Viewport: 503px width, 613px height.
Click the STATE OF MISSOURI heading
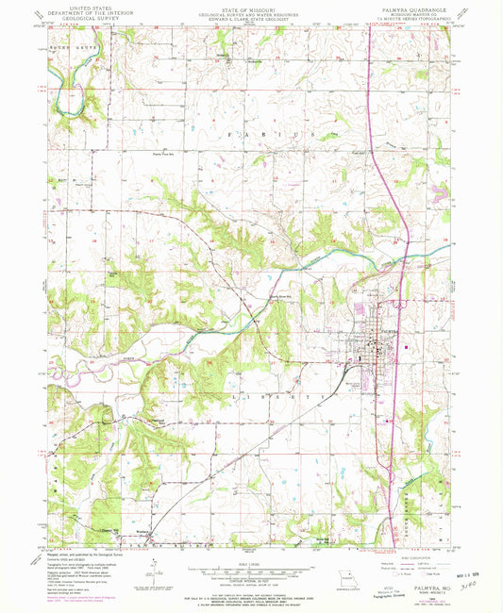[x=251, y=7]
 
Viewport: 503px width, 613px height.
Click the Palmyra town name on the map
[x=390, y=332]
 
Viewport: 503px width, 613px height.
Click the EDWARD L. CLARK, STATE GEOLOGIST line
[x=251, y=19]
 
